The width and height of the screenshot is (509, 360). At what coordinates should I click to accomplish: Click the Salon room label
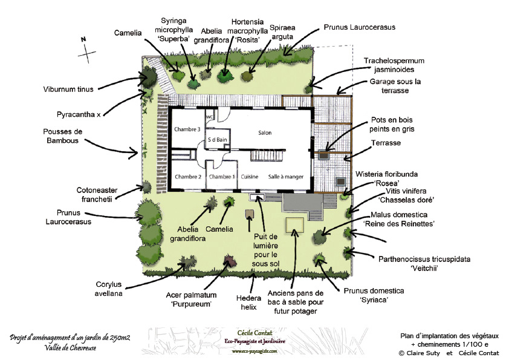pos(265,133)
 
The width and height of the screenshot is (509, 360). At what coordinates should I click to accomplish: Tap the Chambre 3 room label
pos(187,129)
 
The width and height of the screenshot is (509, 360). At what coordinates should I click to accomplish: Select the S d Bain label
pos(218,140)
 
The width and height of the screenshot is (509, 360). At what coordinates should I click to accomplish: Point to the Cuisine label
pos(250,177)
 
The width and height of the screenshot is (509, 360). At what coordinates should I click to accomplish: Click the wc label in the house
pos(209,117)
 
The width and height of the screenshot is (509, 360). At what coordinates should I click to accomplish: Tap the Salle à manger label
pos(286,177)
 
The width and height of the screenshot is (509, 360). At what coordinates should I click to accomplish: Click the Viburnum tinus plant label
pos(68,89)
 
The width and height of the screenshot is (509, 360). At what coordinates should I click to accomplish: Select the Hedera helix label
pos(248,303)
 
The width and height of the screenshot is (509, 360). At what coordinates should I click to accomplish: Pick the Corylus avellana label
pos(108,289)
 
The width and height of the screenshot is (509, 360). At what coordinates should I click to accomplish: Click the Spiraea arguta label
pos(282,32)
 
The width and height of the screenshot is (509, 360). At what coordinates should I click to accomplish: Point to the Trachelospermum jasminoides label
pos(394,65)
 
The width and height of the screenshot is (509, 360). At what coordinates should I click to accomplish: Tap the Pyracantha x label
pos(79,114)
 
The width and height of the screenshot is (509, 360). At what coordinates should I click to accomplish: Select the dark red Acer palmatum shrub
pos(230,261)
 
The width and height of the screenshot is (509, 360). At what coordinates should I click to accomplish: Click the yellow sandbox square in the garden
pos(295,225)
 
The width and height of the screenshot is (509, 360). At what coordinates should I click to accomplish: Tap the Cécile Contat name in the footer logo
pos(255,333)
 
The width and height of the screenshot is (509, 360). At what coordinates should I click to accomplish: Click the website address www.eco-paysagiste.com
pos(254,352)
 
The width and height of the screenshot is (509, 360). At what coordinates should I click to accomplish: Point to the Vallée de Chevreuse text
pos(70,348)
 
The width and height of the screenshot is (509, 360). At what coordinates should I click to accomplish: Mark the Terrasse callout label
pos(386,143)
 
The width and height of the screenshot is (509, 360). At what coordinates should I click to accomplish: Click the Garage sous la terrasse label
pos(395,86)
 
